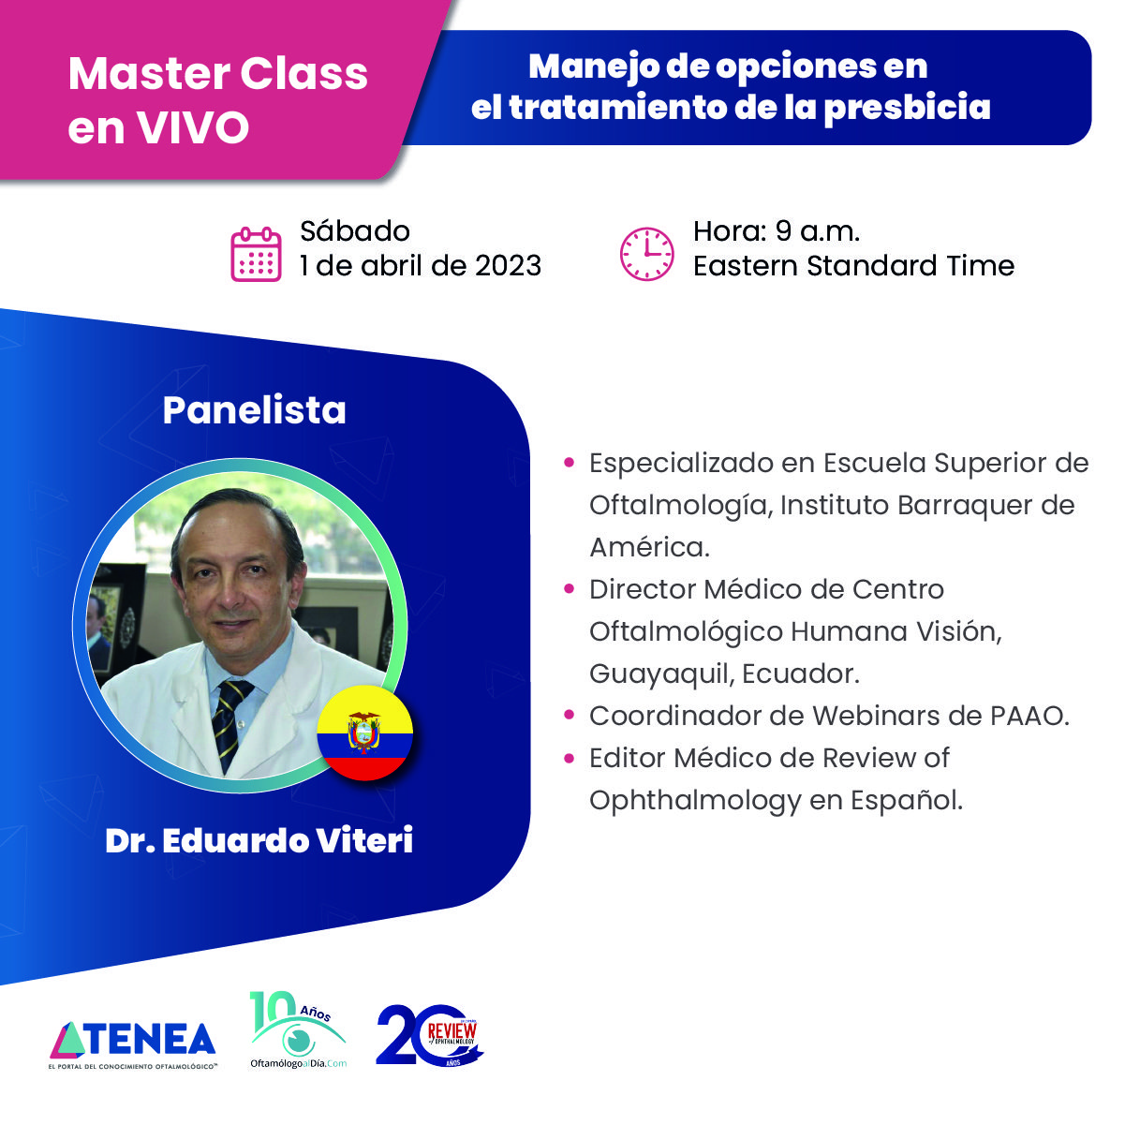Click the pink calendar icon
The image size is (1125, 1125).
pyautogui.click(x=256, y=254)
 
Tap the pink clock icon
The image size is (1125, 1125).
pyautogui.click(x=646, y=254)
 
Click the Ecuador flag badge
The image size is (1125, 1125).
pyautogui.click(x=365, y=733)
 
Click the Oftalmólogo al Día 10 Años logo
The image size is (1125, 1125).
pyautogui.click(x=298, y=1031)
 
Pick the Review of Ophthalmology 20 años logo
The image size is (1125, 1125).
pyautogui.click(x=430, y=1036)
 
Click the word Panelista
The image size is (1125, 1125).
pyautogui.click(x=254, y=410)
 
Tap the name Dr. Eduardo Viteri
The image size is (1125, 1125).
pyautogui.click(x=259, y=840)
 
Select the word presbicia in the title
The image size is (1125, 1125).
pyautogui.click(x=907, y=107)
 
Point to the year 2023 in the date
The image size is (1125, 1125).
pyautogui.click(x=508, y=266)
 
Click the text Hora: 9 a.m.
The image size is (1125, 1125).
pyautogui.click(x=776, y=231)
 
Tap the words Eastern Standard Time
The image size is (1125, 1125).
pyautogui.click(x=852, y=266)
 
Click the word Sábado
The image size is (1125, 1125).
pyautogui.click(x=354, y=231)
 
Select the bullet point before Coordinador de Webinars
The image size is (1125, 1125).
pyautogui.click(x=569, y=716)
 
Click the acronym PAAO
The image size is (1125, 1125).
pyautogui.click(x=1029, y=716)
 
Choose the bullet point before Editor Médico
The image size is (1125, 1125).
pyautogui.click(x=569, y=758)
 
